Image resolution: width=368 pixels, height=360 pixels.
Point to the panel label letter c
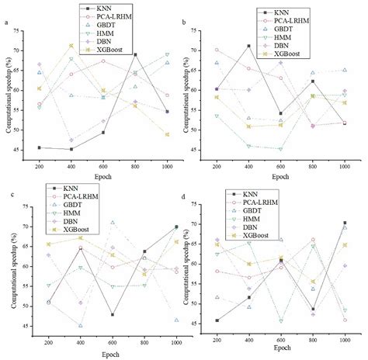point(6,184)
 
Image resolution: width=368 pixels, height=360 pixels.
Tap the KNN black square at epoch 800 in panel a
point(136,54)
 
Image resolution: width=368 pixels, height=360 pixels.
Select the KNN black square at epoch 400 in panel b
point(248,46)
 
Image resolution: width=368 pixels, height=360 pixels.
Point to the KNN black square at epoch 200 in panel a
point(40,147)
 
